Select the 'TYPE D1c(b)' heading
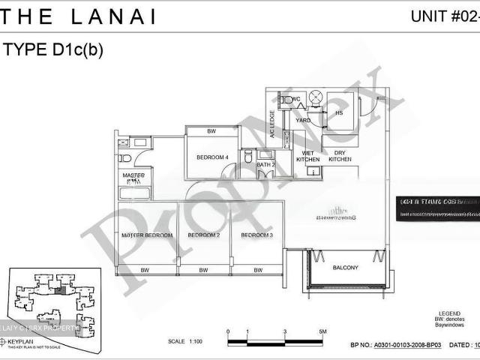tap(53, 50)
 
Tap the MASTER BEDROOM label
tap(147, 235)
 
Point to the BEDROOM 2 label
tap(203, 235)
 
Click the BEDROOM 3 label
tap(257, 235)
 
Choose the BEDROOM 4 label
tap(212, 157)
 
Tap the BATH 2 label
tap(265, 163)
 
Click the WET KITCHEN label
tap(308, 155)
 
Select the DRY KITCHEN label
tap(340, 155)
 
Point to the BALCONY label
tap(346, 268)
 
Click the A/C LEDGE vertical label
tap(272, 124)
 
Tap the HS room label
tap(339, 113)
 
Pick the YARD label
tap(303, 120)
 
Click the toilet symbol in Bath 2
tap(248, 157)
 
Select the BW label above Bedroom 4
tap(212, 132)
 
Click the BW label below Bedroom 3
tap(257, 270)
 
